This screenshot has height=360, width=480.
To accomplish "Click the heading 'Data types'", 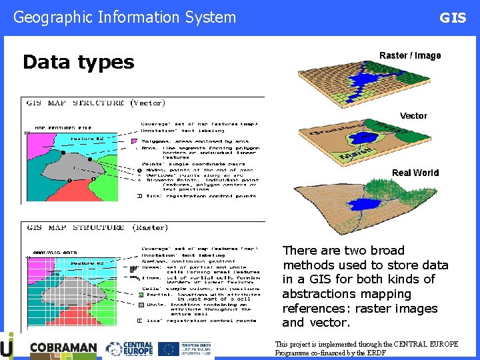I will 79,63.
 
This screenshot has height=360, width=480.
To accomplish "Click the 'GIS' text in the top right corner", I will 453,18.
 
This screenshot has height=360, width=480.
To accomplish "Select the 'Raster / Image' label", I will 410,55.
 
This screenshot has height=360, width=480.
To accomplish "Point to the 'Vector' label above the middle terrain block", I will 413,116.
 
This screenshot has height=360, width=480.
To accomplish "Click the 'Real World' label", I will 415,173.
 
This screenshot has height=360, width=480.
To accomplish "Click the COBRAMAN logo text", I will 63,349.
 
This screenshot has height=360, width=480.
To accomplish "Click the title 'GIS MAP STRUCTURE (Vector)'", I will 95,103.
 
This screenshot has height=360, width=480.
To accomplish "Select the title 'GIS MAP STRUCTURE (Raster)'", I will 97,227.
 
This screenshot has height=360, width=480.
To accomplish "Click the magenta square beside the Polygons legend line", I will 134,141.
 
